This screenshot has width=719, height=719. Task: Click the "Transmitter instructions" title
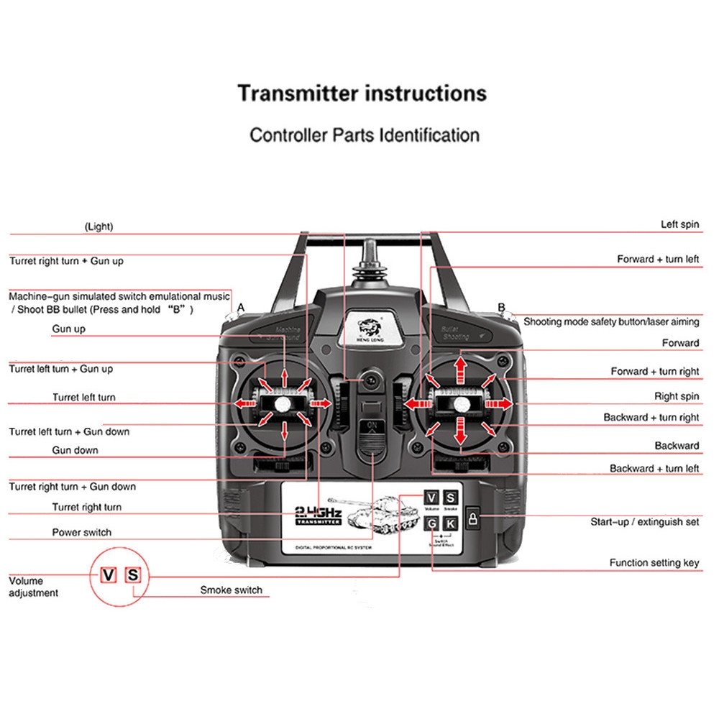click(x=362, y=93)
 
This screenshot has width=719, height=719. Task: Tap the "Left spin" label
click(x=679, y=224)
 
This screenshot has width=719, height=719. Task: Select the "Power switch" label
click(x=82, y=533)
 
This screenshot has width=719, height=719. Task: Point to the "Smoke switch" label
click(x=231, y=590)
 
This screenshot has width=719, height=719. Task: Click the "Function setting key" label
click(x=654, y=563)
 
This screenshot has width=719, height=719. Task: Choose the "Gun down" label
click(x=75, y=450)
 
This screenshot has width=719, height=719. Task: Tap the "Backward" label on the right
click(x=677, y=446)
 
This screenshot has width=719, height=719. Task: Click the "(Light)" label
click(x=99, y=226)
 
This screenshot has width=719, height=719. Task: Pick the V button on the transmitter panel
click(x=431, y=498)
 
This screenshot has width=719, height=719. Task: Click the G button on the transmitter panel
click(x=431, y=523)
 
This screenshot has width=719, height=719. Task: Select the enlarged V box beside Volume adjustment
click(x=109, y=575)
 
